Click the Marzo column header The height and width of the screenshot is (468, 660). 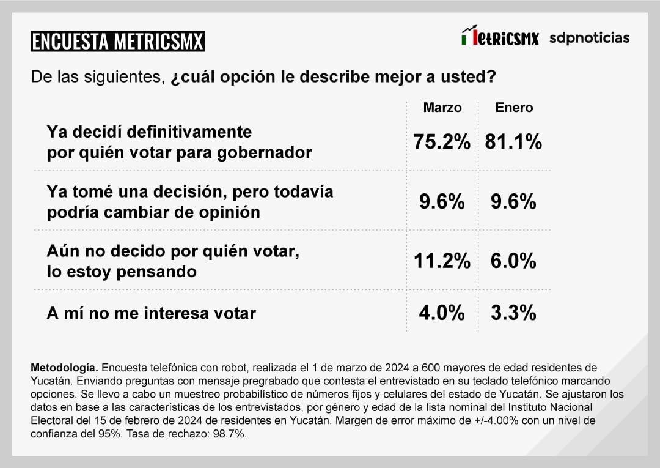[x=442, y=108]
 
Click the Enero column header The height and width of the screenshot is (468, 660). [x=514, y=108]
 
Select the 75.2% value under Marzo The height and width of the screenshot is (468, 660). [x=442, y=143]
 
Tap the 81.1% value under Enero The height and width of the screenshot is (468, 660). [x=514, y=143]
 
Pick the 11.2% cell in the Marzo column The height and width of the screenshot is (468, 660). [x=442, y=261]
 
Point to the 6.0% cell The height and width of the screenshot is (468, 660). [x=513, y=261]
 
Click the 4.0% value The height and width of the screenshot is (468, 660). [x=442, y=313]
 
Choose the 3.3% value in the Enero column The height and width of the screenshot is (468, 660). [x=513, y=313]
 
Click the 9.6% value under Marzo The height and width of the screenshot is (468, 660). [x=442, y=202]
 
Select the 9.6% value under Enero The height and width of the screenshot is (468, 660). [x=513, y=202]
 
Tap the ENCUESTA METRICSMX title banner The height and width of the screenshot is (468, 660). [x=117, y=42]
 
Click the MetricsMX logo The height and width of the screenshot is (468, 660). [x=500, y=37]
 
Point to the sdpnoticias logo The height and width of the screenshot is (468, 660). [x=589, y=38]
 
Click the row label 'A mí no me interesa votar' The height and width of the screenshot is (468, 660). [x=151, y=313]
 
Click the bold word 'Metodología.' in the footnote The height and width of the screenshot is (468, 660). [x=64, y=368]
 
